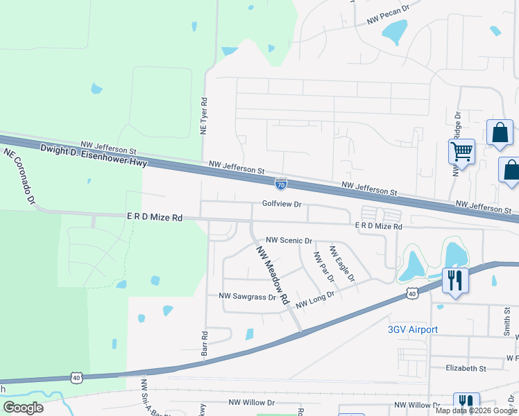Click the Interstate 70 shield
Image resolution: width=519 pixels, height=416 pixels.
(x=280, y=184)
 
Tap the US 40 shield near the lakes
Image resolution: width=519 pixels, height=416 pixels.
(x=412, y=295)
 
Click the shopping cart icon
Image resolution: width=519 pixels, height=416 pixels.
(x=461, y=151)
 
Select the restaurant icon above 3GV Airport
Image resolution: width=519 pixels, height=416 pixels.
(x=454, y=280)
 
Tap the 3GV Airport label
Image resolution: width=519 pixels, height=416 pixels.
(x=412, y=329)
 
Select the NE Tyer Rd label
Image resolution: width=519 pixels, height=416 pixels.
(x=205, y=116)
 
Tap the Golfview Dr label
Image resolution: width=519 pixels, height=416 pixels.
(x=282, y=205)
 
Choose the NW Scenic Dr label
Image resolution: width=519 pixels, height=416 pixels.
(x=290, y=240)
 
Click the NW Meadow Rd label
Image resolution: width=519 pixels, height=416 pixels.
(x=272, y=276)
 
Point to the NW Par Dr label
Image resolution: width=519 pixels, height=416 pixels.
(x=323, y=266)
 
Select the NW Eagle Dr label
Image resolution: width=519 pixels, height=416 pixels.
(x=341, y=263)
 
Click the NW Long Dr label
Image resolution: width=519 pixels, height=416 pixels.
(x=315, y=300)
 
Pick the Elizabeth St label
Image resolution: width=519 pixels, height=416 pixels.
(x=466, y=369)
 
